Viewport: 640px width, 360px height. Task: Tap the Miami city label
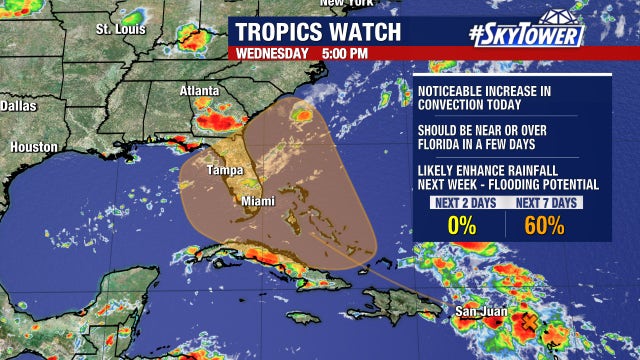click(256, 201)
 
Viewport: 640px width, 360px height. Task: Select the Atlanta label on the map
click(198, 91)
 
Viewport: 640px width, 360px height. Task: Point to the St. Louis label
click(121, 29)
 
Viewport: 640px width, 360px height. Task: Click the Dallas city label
click(18, 105)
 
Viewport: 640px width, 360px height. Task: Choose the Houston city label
click(33, 147)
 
